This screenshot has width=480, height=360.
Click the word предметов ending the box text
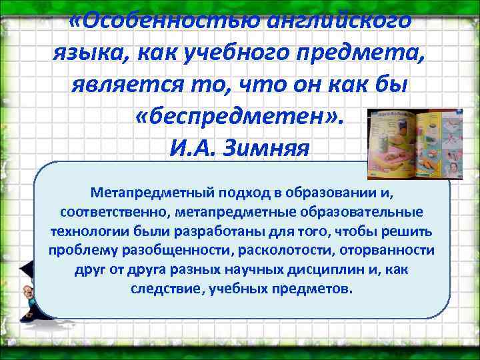click(319, 289)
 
